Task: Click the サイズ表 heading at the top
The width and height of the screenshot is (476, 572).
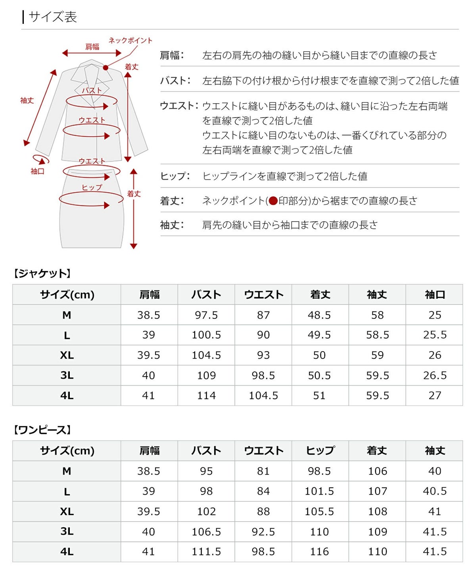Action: [52, 17]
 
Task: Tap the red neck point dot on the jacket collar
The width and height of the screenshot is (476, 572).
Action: [106, 68]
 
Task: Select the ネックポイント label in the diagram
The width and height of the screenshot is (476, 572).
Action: [130, 40]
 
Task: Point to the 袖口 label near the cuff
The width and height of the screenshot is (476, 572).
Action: [37, 171]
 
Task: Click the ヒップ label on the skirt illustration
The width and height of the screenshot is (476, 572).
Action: [92, 187]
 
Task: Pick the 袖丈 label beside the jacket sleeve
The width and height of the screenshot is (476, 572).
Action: [27, 100]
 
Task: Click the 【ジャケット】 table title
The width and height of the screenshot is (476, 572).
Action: [42, 273]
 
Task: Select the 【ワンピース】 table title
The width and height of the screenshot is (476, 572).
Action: [42, 430]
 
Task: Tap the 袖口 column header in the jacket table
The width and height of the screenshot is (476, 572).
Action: [435, 295]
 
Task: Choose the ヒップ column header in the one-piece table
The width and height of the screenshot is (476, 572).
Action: [320, 450]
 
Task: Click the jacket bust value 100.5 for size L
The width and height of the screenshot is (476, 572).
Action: [206, 335]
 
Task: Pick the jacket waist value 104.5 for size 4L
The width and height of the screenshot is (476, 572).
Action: [263, 396]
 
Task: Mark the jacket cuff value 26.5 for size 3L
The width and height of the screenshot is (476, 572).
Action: [435, 375]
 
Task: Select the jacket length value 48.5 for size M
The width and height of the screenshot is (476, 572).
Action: [319, 315]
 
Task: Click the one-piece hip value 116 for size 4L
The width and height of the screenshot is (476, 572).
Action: [319, 552]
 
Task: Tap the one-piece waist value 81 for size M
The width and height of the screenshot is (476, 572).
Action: [263, 471]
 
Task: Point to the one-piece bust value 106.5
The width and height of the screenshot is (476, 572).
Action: [206, 531]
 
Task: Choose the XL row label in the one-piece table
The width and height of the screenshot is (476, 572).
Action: [67, 512]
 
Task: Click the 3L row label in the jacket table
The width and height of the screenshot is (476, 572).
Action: [67, 375]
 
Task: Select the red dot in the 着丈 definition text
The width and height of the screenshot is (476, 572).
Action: [273, 201]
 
